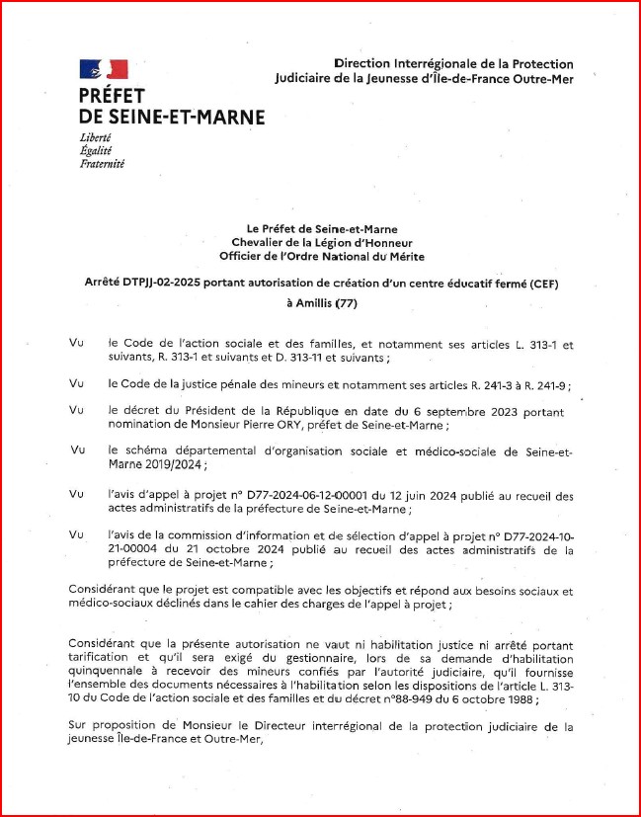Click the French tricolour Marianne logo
click(103, 69)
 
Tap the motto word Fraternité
click(102, 164)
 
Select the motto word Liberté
click(95, 137)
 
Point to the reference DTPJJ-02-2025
click(163, 283)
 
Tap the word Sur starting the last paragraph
click(78, 726)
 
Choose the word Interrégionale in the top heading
click(435, 63)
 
